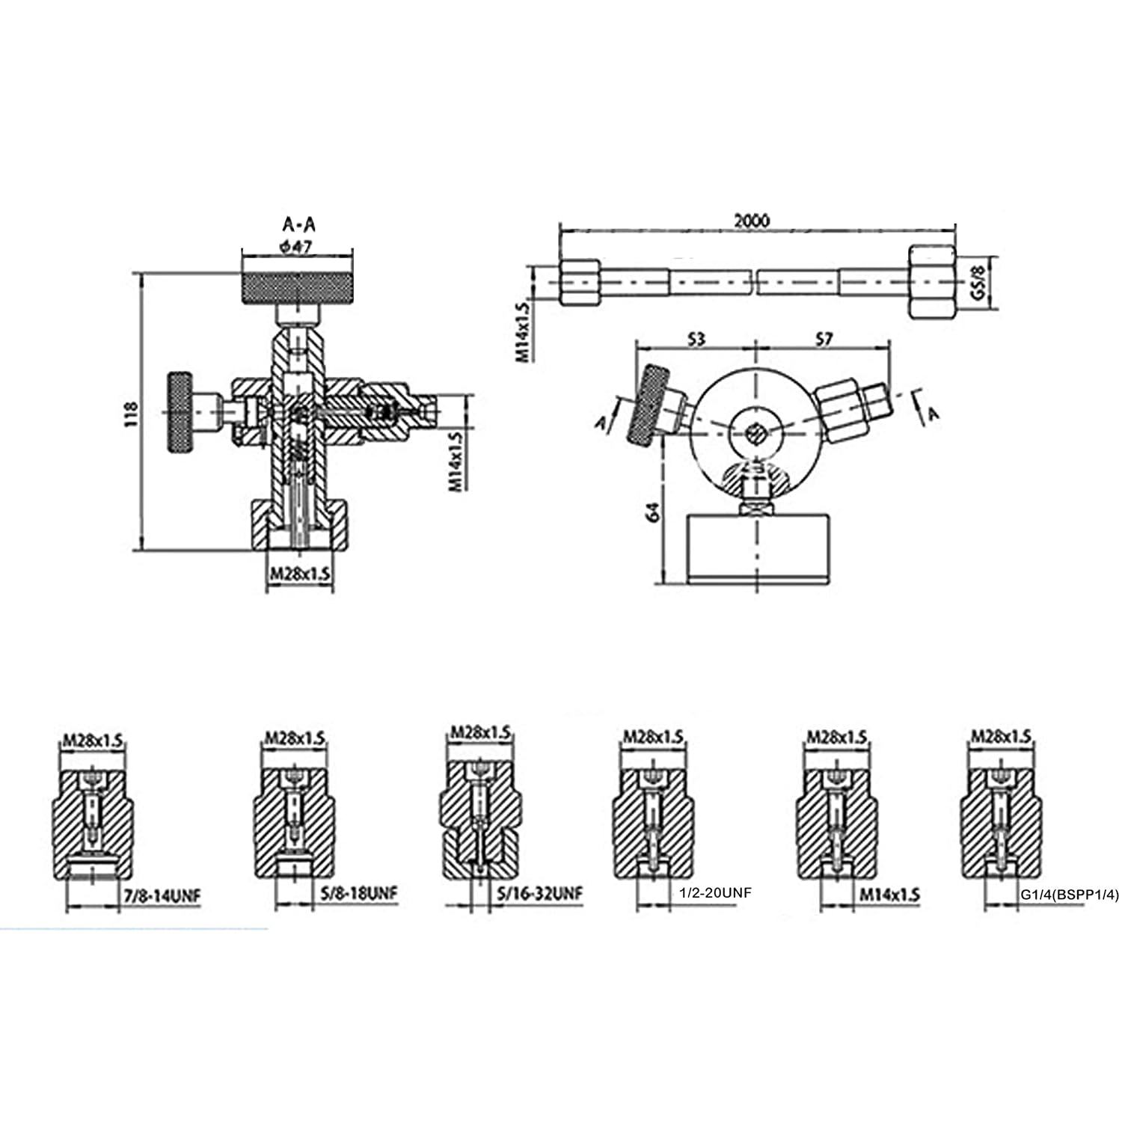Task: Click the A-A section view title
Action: point(298,224)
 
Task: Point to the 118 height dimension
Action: point(131,414)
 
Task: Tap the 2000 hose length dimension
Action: point(751,221)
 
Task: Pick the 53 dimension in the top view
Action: point(696,340)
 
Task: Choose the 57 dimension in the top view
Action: point(823,340)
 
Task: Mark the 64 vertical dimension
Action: point(653,512)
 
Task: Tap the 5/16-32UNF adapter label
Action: point(539,893)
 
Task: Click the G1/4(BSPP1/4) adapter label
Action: point(1070,895)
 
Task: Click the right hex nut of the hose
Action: point(932,282)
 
